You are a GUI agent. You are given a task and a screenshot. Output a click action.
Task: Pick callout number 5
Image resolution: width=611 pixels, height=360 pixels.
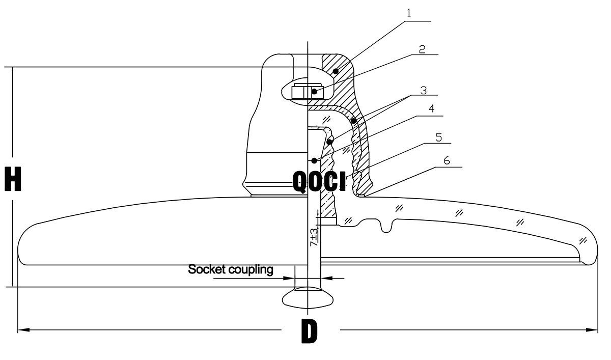coord(438,137)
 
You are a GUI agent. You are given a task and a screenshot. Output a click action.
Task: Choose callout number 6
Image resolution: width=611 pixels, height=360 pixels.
coord(447,160)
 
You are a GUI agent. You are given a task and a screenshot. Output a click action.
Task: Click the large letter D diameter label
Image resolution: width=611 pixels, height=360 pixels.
coord(309,331)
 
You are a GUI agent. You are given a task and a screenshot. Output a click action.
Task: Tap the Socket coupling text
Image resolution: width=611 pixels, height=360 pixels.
coord(231,269)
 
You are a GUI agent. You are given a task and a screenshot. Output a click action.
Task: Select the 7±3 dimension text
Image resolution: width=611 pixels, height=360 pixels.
coord(314,237)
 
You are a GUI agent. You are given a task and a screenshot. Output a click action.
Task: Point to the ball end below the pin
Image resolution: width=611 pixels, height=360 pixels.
coord(308,297)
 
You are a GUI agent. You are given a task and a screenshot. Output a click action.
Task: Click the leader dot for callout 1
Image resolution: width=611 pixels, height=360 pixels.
coord(336,71)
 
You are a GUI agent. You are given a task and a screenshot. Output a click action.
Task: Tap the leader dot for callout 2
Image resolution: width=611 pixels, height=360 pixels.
coord(315,92)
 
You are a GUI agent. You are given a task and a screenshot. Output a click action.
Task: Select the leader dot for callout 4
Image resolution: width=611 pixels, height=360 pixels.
coord(315,160)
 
